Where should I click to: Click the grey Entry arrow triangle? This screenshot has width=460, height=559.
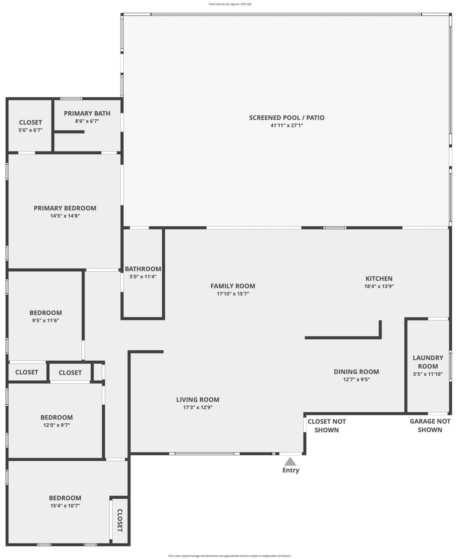290,462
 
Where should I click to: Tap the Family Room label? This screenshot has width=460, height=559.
233,286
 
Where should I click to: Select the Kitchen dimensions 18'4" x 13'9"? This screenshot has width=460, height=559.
379,286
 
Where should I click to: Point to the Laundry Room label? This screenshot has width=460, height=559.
428,362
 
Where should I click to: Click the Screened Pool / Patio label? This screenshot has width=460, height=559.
287,117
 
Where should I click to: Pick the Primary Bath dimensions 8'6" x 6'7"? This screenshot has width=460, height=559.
87,121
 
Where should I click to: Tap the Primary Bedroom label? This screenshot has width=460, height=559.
65,208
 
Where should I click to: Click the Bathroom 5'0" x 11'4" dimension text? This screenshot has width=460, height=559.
143,277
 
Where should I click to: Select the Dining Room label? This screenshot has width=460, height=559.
356,372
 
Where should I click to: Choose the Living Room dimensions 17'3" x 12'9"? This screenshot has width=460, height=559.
198,407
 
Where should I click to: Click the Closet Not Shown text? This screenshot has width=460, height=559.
327,426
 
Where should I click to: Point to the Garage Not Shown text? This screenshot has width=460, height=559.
430,425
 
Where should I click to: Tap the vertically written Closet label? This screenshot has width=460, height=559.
120,520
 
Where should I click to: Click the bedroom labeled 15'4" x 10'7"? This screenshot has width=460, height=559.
65,498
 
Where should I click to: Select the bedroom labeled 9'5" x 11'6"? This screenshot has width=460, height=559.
46,313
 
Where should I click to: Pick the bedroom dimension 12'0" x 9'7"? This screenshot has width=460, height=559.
56,425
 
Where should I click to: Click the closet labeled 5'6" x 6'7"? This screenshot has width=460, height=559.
30,122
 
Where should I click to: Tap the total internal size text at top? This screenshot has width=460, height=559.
230,4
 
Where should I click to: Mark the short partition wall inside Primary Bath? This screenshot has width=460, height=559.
70,132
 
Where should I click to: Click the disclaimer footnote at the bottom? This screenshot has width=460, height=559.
230,556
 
